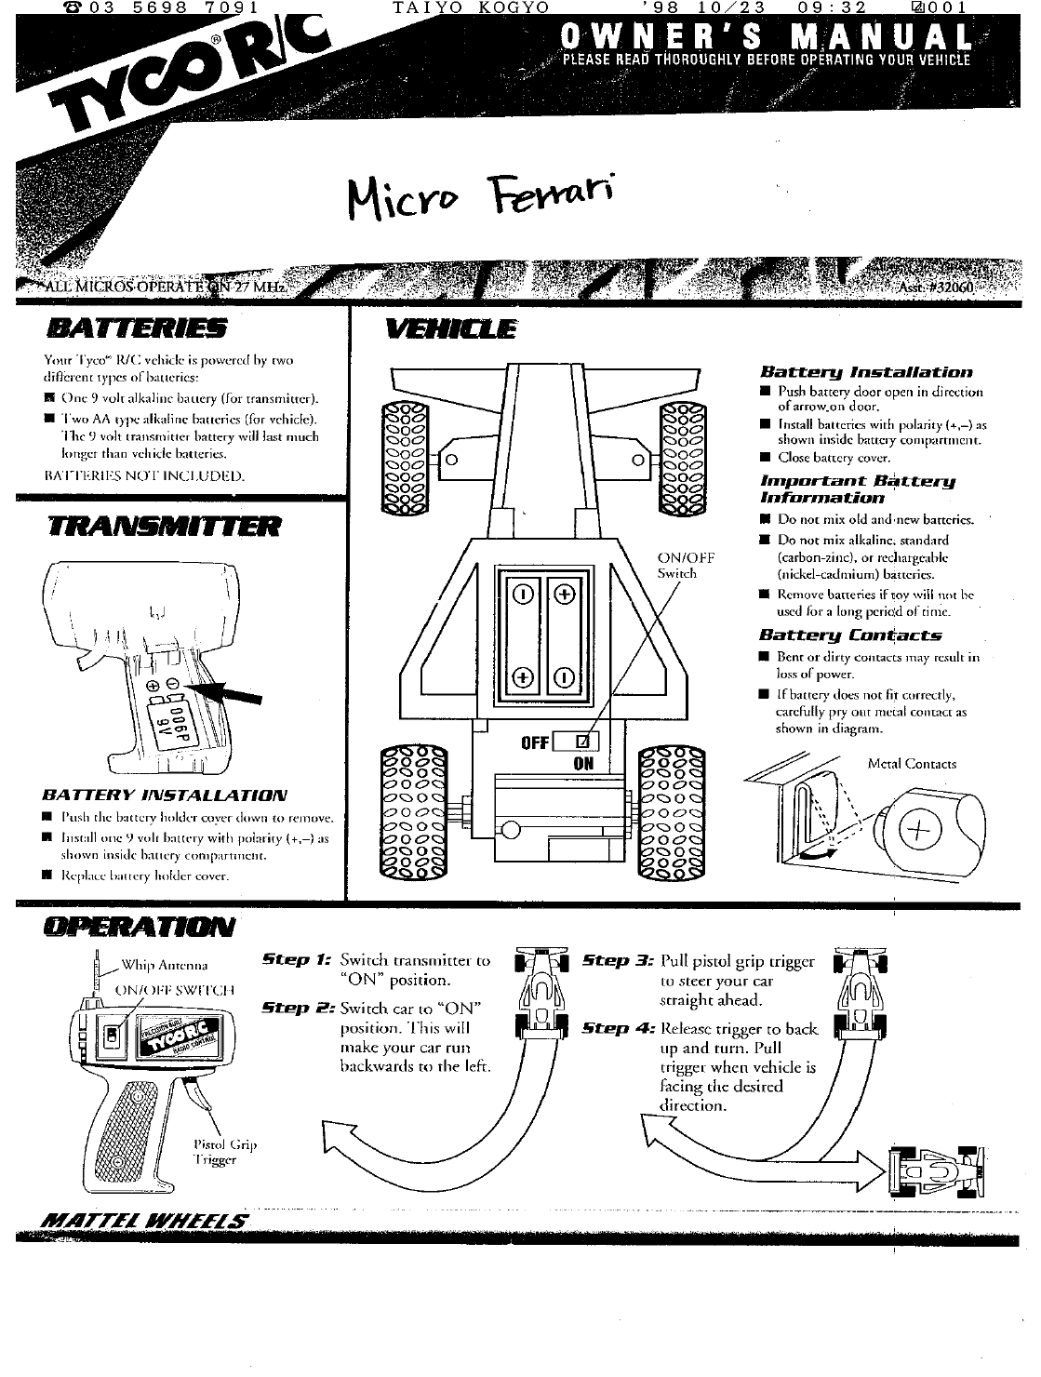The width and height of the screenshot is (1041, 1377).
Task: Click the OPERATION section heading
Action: click(x=139, y=927)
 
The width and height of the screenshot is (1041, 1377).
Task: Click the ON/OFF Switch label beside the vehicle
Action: click(x=686, y=566)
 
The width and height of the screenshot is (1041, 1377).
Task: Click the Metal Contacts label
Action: click(x=912, y=764)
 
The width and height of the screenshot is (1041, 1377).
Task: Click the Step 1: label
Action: click(x=291, y=958)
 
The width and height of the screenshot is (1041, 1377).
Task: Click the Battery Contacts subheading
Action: click(x=849, y=635)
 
